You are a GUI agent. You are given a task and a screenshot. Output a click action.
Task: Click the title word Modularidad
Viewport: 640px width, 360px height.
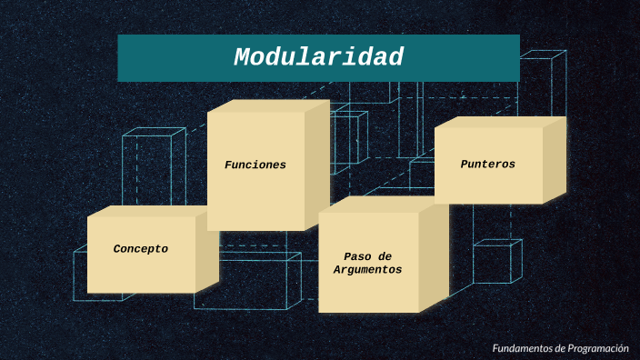point(318,57)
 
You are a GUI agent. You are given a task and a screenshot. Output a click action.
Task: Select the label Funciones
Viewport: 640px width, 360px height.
point(255,165)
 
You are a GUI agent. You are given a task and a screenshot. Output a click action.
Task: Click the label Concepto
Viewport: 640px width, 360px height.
point(141,249)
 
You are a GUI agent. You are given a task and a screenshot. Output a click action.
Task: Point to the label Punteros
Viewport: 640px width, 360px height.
point(488,165)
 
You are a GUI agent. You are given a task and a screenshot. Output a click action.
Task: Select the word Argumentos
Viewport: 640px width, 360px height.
point(367,270)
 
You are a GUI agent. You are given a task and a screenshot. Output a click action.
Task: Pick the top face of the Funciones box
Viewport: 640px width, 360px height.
point(268,105)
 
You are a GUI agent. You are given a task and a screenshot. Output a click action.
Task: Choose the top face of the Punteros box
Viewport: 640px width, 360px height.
point(500,122)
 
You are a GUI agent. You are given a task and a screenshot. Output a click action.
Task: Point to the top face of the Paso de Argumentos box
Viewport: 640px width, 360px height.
point(383,205)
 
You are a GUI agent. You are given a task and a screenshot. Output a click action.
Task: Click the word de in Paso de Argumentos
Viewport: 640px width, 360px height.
point(384,256)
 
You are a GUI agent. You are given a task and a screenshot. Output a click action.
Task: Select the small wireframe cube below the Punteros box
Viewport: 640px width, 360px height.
point(496,261)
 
